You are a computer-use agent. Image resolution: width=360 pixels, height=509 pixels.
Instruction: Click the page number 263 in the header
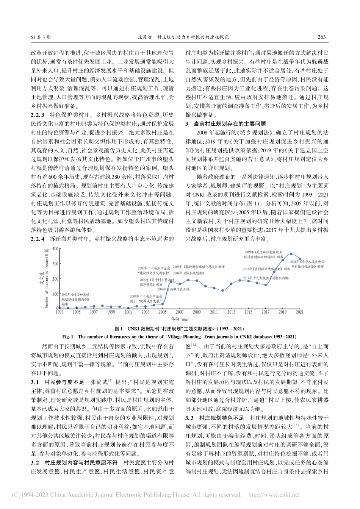[321, 37]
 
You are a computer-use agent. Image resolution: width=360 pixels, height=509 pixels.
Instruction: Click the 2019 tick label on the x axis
[283, 312]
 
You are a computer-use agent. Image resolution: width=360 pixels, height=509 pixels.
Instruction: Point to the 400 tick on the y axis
[55, 248]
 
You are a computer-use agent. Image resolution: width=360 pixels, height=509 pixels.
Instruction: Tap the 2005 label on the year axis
[163, 312]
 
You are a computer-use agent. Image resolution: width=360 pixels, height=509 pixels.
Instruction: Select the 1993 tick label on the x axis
[59, 312]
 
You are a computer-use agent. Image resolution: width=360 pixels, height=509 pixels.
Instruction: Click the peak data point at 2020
[291, 254]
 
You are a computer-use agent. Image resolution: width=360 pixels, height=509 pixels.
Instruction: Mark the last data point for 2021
[300, 259]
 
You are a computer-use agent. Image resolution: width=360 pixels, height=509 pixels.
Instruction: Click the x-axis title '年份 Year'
[179, 319]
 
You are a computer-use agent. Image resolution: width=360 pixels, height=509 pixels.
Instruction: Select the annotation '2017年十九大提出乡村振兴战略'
[265, 278]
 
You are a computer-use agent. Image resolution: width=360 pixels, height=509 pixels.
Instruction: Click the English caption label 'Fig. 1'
[68, 336]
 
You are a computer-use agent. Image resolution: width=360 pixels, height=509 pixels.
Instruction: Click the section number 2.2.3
[38, 114]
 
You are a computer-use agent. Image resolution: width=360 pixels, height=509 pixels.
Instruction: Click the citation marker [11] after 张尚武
[112, 381]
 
